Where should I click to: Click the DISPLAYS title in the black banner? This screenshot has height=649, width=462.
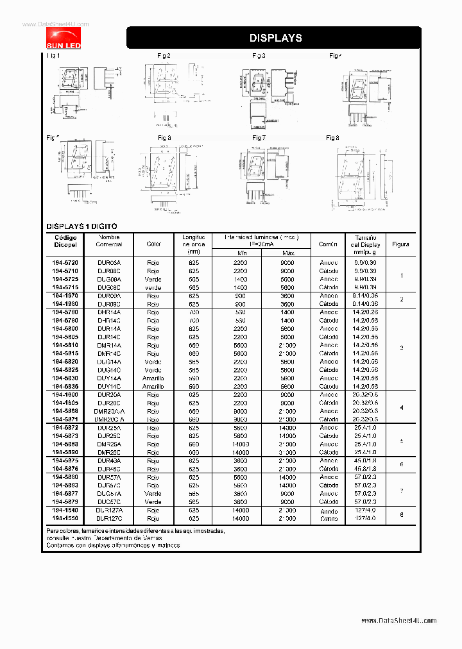275,38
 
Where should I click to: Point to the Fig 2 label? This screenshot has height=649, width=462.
164,56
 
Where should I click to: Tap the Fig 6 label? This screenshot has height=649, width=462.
164,138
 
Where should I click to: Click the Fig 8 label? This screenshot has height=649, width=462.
332,138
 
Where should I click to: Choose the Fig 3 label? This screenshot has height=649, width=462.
259,56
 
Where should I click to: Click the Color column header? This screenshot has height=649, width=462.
153,244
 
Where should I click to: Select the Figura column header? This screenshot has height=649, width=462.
400,244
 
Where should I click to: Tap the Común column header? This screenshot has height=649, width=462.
329,244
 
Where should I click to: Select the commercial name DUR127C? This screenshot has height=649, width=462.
108,518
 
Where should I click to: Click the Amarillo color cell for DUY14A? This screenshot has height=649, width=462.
153,378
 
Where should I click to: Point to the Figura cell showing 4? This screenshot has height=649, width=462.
401,407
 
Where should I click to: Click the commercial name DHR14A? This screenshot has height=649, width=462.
108,312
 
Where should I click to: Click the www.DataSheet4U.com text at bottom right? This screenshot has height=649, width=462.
398,621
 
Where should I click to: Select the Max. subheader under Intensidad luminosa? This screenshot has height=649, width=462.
288,253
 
